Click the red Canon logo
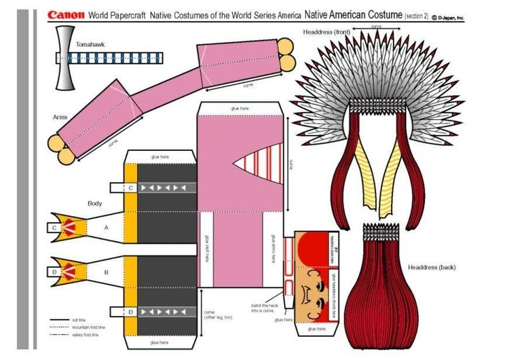click(x=67, y=14)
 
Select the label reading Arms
click(x=60, y=117)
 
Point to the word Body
click(x=94, y=203)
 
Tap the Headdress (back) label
click(x=432, y=267)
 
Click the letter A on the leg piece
click(x=106, y=229)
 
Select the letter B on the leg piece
click(x=106, y=272)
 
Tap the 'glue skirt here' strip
click(x=207, y=247)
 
